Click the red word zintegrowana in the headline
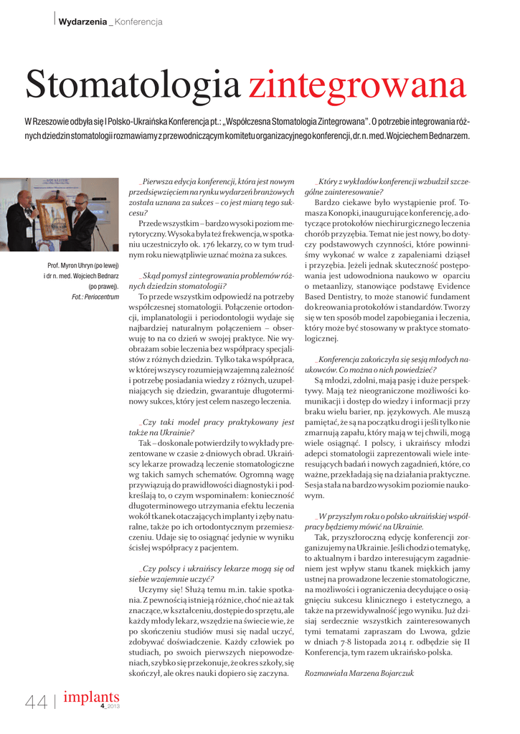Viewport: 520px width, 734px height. click(x=358, y=85)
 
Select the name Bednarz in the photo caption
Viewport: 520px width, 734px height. click(x=103, y=276)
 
